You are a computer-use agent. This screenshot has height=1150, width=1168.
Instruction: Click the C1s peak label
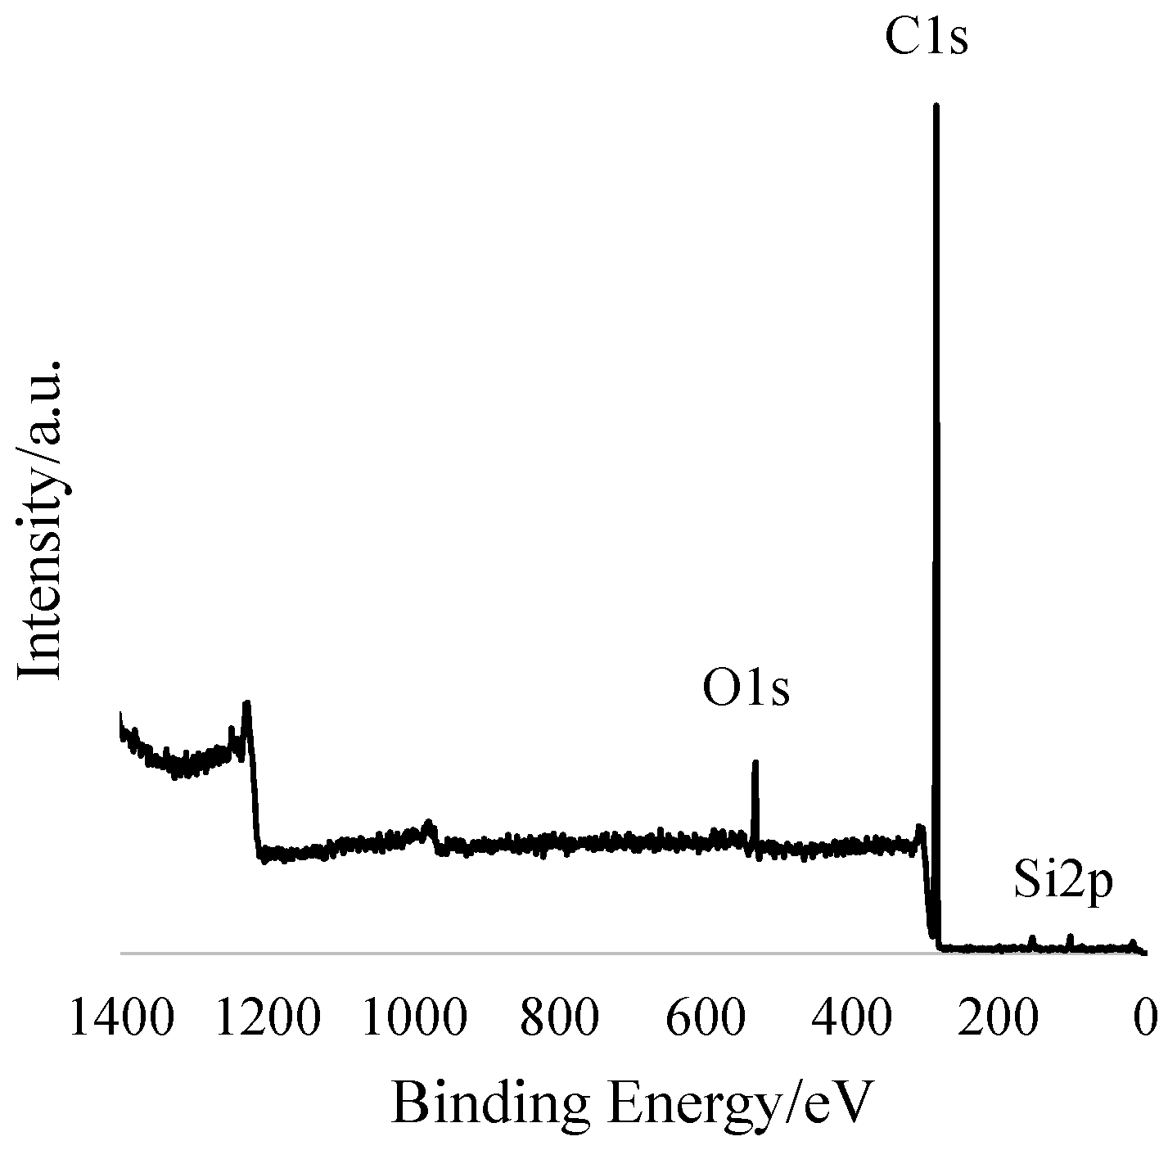click(x=926, y=38)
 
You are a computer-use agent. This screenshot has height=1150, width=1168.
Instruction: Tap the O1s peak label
click(x=746, y=688)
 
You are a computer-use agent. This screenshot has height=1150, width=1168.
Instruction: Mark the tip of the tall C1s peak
click(x=936, y=106)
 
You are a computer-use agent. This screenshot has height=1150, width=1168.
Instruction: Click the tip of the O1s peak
click(x=755, y=763)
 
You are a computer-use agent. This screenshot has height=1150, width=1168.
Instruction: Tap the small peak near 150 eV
click(x=1033, y=938)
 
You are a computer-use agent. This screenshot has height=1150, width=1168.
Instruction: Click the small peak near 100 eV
click(x=1070, y=936)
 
